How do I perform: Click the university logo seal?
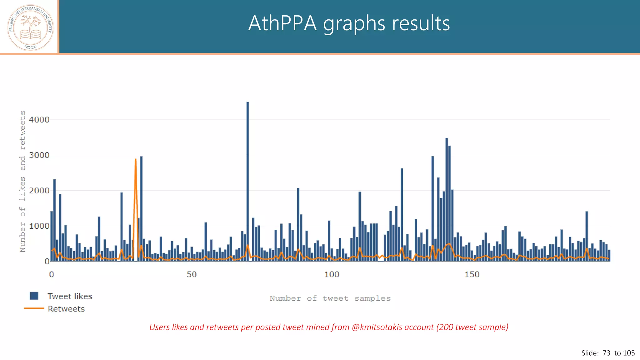pyautogui.click(x=30, y=27)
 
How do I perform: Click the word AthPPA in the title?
pyautogui.click(x=282, y=23)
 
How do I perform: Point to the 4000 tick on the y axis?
pyautogui.click(x=39, y=120)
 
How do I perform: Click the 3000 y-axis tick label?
pyautogui.click(x=39, y=155)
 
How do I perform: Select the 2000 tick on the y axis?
pyautogui.click(x=39, y=191)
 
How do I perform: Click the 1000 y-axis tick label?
pyautogui.click(x=39, y=226)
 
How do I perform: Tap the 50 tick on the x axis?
pyautogui.click(x=192, y=275)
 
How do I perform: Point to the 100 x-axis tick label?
pyautogui.click(x=332, y=275)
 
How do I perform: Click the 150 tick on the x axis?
pyautogui.click(x=472, y=275)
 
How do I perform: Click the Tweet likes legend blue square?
pyautogui.click(x=34, y=296)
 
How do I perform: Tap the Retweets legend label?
pyautogui.click(x=66, y=309)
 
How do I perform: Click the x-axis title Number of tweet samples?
pyautogui.click(x=330, y=298)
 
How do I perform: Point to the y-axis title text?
pyautogui.click(x=22, y=181)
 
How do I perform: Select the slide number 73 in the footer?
pyautogui.click(x=606, y=353)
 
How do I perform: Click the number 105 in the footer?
pyautogui.click(x=629, y=353)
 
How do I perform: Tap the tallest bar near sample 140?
pyautogui.click(x=447, y=200)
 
